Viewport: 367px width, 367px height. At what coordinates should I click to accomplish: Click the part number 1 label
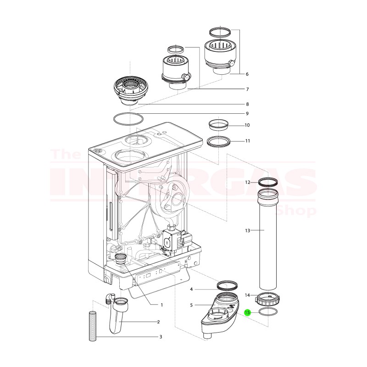click(x=161, y=305)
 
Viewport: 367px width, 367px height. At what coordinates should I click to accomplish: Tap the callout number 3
click(x=161, y=337)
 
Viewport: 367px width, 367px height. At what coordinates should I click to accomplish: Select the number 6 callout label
click(x=247, y=74)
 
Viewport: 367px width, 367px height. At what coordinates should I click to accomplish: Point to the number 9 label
click(x=247, y=113)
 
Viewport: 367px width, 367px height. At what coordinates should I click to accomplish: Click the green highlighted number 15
click(x=248, y=312)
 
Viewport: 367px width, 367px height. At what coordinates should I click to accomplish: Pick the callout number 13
click(x=247, y=230)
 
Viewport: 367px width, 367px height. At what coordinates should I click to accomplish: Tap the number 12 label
click(x=247, y=182)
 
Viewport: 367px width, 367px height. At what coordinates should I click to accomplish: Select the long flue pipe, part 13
click(x=268, y=239)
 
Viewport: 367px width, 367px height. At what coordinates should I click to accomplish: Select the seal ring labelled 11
click(x=218, y=141)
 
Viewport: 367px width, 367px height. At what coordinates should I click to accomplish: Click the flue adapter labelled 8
click(x=132, y=92)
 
